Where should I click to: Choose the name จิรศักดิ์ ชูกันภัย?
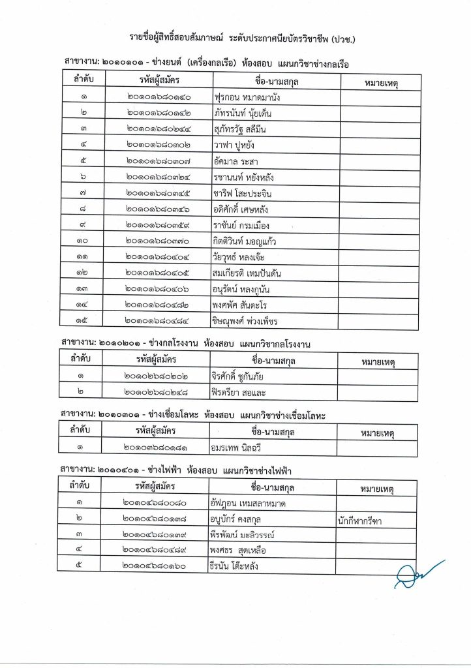pos(242,376)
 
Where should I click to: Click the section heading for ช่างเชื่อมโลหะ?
pos(192,414)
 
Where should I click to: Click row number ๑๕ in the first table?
pos(84,320)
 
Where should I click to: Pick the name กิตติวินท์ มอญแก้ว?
pos(245,241)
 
